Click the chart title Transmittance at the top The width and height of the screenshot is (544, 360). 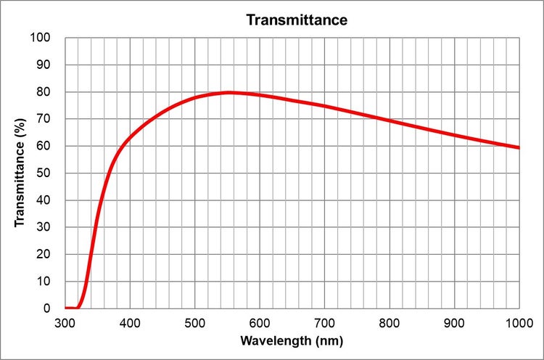[297, 20]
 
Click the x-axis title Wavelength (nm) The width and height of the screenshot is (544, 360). [292, 340]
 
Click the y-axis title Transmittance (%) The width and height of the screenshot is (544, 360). [20, 173]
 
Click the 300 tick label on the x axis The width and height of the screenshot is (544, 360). [65, 322]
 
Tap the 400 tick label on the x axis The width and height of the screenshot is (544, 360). [130, 322]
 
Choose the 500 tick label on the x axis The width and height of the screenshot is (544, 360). [194, 322]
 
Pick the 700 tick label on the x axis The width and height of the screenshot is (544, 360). [324, 322]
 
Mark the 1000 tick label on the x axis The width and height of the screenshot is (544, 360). [517, 322]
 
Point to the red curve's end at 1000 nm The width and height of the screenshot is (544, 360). [519, 147]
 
